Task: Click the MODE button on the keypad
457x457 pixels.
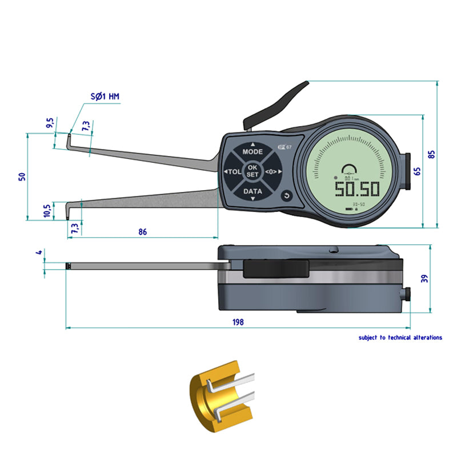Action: [x=252, y=152]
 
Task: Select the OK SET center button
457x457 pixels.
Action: [x=252, y=171]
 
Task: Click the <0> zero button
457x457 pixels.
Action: [x=271, y=171]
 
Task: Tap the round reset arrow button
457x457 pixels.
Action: [x=287, y=196]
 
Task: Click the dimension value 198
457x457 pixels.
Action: [x=238, y=322]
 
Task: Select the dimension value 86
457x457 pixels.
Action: [x=143, y=232]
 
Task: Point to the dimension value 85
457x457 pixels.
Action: [x=432, y=154]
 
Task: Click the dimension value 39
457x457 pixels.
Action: [x=423, y=278]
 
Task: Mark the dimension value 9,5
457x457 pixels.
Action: [x=50, y=123]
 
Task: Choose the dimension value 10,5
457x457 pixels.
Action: [x=46, y=211]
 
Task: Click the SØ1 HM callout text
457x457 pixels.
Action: [x=106, y=97]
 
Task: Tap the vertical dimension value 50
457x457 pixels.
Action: [x=22, y=177]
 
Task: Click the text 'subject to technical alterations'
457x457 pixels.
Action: [x=400, y=338]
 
